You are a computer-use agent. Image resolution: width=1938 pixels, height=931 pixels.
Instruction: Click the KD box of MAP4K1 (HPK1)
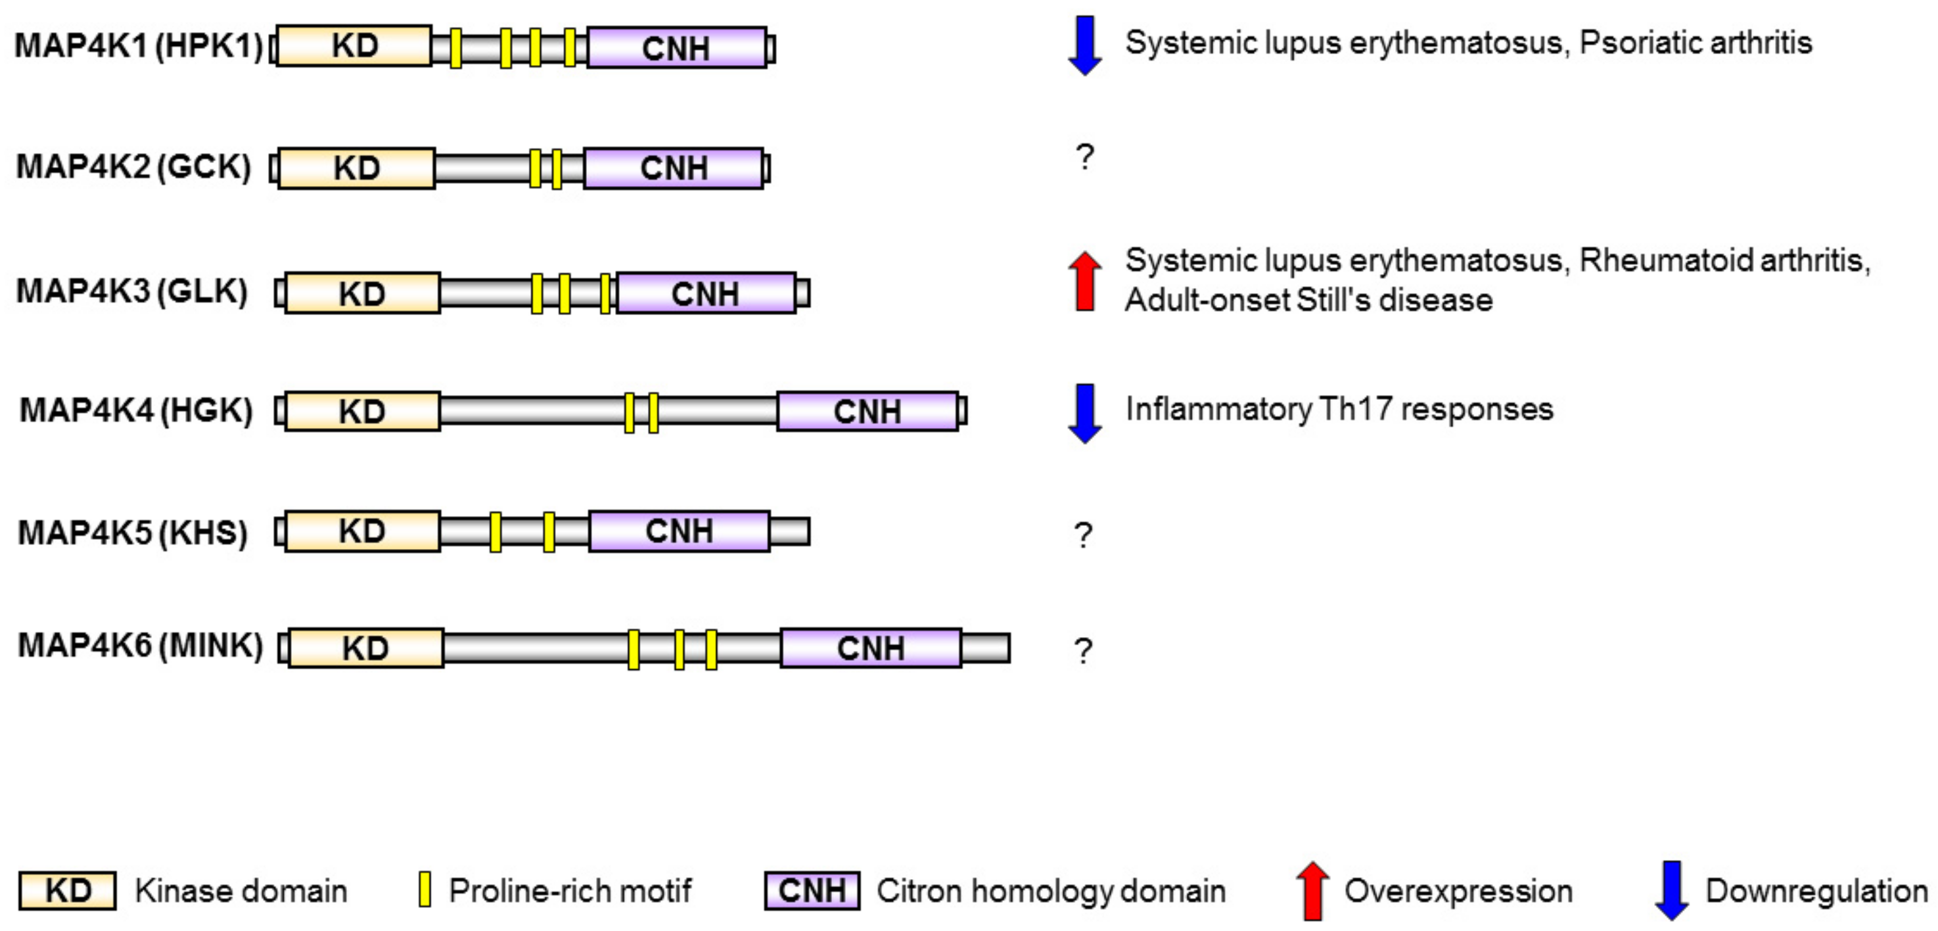pyautogui.click(x=354, y=46)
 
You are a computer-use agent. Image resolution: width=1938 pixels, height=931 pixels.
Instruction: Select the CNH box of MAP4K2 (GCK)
pyautogui.click(x=674, y=168)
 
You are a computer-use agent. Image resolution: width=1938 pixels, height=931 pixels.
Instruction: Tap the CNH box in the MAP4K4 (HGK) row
pyautogui.click(x=867, y=411)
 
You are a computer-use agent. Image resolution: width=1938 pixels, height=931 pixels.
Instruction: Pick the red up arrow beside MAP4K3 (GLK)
pyautogui.click(x=1084, y=281)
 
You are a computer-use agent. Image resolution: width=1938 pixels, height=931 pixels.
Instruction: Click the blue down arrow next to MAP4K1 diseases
pyautogui.click(x=1084, y=45)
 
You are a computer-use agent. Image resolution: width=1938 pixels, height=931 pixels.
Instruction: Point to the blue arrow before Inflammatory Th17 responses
pyautogui.click(x=1084, y=412)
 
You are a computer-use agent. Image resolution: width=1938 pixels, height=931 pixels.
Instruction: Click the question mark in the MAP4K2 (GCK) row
pyautogui.click(x=1084, y=157)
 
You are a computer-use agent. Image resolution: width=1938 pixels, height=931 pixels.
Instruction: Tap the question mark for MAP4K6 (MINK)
pyautogui.click(x=1082, y=650)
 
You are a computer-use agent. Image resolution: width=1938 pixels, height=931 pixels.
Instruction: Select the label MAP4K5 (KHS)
pyautogui.click(x=132, y=532)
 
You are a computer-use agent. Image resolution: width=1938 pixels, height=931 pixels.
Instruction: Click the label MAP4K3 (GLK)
pyautogui.click(x=132, y=291)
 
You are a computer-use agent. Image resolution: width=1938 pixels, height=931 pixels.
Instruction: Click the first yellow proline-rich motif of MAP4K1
pyautogui.click(x=456, y=48)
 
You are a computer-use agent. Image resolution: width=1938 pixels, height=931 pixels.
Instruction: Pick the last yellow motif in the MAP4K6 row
pyautogui.click(x=711, y=650)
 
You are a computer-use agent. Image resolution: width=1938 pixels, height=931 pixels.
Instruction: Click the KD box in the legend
pyautogui.click(x=68, y=890)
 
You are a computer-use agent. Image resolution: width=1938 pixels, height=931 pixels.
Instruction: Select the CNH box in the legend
pyautogui.click(x=812, y=890)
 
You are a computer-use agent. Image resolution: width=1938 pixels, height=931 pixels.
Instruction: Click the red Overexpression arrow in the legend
pyautogui.click(x=1313, y=890)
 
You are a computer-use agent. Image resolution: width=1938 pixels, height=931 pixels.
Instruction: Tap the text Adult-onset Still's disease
pyautogui.click(x=1308, y=300)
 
